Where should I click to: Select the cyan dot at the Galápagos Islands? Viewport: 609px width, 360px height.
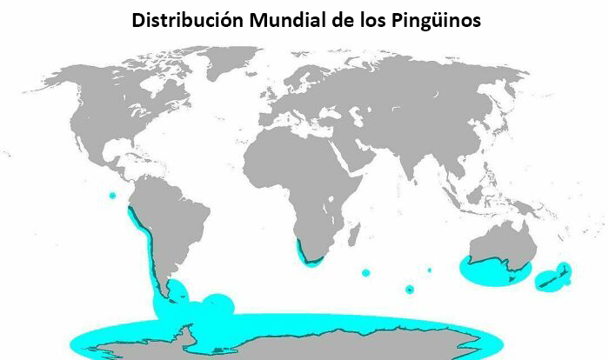pyautogui.click(x=112, y=196)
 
